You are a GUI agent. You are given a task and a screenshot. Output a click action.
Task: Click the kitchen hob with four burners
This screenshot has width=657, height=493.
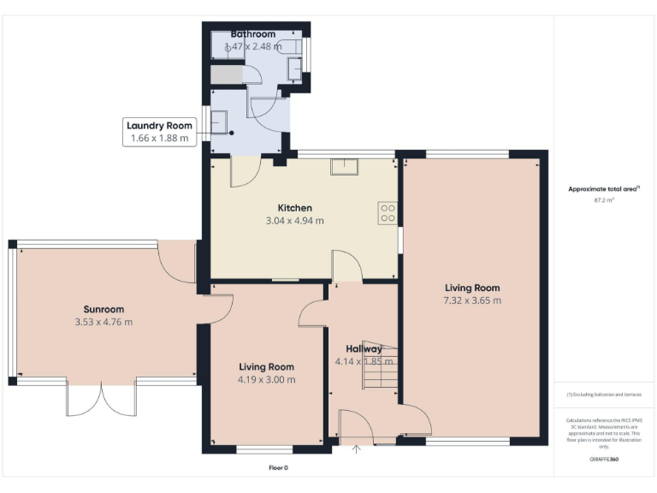click(388, 212)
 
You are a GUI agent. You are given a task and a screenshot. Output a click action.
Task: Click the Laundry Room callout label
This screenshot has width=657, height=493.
click(159, 131)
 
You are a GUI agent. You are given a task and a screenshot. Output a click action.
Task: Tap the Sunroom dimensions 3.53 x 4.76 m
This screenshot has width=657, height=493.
click(104, 322)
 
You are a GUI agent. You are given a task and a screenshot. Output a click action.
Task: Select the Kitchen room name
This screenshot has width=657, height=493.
click(294, 208)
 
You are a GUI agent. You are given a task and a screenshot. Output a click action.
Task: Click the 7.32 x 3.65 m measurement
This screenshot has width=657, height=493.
click(472, 300)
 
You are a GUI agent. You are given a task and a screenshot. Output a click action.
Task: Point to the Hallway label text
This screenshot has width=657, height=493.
click(364, 349)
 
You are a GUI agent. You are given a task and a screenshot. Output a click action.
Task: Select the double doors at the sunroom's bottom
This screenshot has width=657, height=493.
click(101, 398)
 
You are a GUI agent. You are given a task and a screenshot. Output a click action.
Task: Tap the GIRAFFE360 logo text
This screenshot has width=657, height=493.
click(604, 460)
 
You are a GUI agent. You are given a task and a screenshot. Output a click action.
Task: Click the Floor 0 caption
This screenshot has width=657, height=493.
click(279, 467)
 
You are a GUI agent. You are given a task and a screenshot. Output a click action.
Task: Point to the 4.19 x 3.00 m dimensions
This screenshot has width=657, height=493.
click(266, 379)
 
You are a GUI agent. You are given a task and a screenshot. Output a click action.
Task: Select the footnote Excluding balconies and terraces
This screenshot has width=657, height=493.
click(604, 395)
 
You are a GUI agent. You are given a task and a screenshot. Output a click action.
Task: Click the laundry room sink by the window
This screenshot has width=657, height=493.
click(219, 126)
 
